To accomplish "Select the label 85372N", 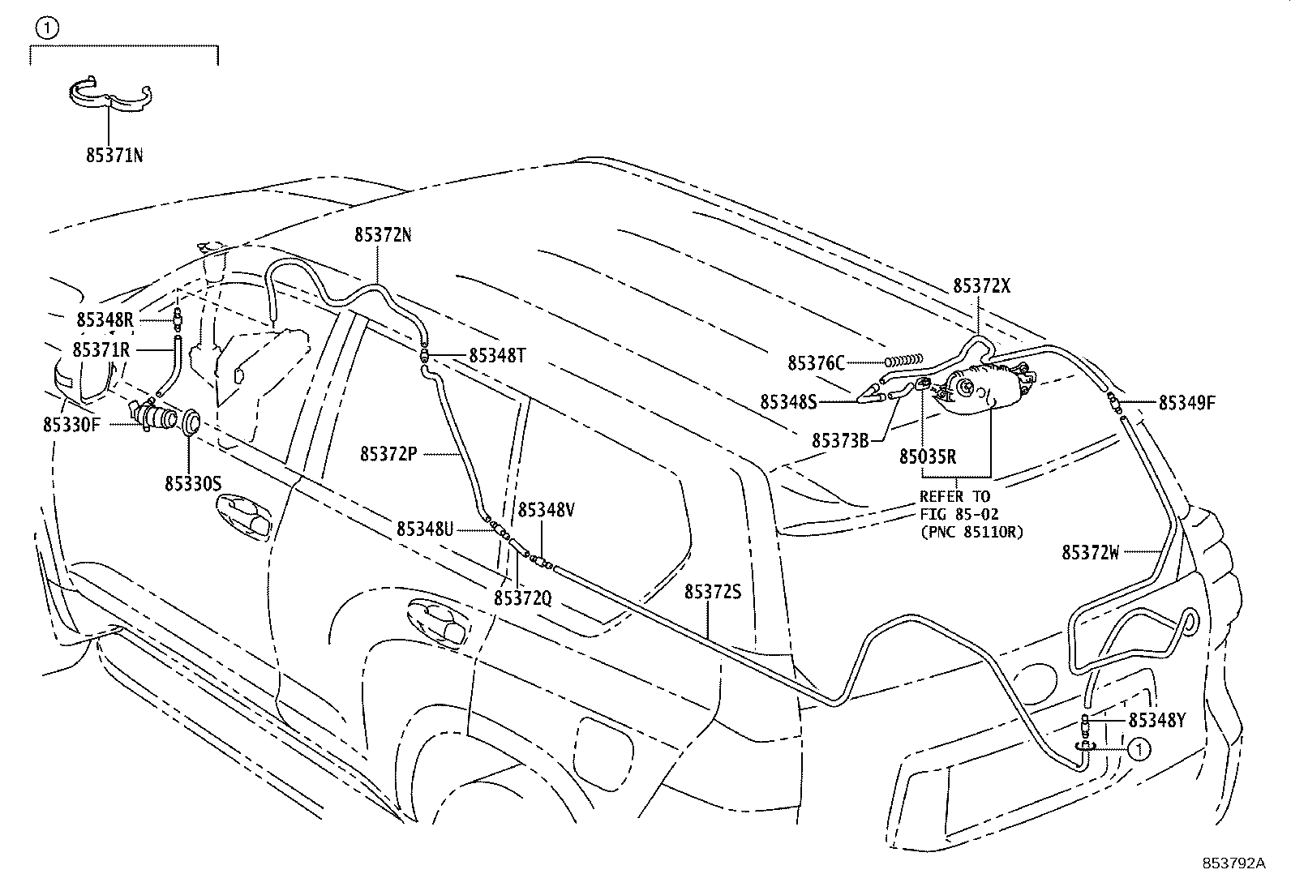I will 382,235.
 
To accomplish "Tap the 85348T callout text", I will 497,355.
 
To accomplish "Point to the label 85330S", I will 193,483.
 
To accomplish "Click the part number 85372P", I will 388,454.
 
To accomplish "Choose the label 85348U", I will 425,529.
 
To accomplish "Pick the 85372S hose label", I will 713,592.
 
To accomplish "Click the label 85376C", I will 816,362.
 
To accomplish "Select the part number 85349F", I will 1186,403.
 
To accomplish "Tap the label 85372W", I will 1091,553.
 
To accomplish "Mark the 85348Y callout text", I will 1157,720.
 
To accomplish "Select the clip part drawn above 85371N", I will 109,94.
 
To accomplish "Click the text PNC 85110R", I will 971,532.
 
